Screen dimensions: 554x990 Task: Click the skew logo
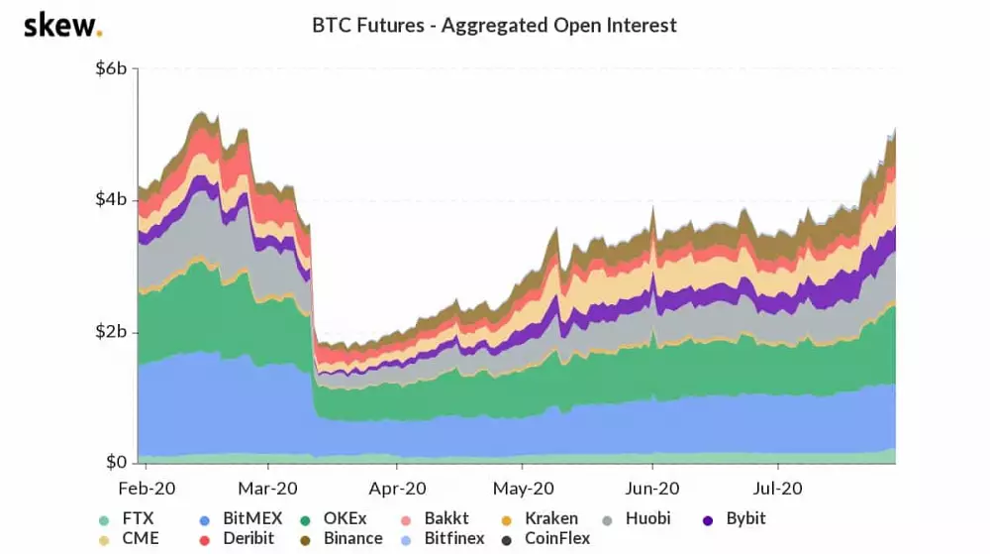61,25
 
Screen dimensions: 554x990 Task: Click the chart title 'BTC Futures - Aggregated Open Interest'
494,25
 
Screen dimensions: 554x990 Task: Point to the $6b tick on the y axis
110,68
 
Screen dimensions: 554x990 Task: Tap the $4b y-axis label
110,200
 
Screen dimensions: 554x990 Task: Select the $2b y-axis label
110,331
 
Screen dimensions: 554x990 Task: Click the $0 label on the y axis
117,462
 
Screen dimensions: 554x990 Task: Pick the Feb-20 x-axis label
147,489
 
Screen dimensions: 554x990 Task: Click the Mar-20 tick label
268,489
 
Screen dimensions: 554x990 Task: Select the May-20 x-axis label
523,489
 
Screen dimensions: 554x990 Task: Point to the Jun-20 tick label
651,489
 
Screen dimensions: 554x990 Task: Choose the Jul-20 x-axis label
778,489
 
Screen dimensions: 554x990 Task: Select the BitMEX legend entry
241,518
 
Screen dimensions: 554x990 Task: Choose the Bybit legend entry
734,518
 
